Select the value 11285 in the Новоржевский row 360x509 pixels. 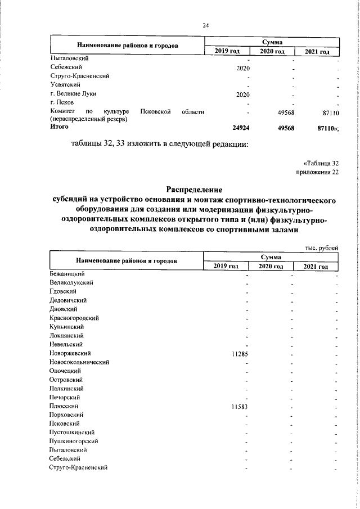point(240,354)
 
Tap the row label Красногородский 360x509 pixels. point(74,318)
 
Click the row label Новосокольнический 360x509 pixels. point(79,362)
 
